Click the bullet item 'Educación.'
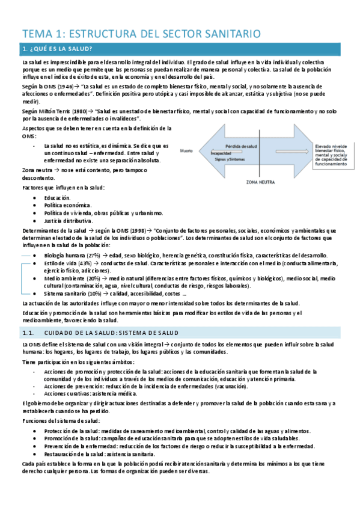[57, 197]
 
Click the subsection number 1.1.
[27, 333]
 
